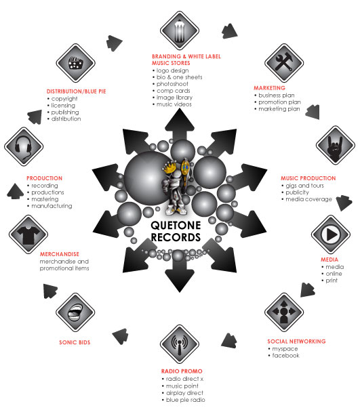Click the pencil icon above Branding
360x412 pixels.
pos(180,30)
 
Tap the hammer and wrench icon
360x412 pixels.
pos(284,63)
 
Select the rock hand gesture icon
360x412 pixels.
pos(336,145)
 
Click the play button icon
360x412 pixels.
pos(331,234)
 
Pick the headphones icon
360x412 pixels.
pos(24,146)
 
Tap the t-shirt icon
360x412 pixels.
pos(28,234)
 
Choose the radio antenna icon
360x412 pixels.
pos(180,344)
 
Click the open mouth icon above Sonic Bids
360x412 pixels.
pos(75,312)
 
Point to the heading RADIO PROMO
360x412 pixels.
pos(182,371)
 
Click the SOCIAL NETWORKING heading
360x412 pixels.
pos(296,342)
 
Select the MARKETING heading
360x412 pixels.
pos(269,88)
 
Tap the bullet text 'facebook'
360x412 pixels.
pos(286,356)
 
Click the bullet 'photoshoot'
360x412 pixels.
pos(172,84)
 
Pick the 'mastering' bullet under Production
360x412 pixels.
pos(45,199)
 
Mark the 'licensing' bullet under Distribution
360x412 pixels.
pos(63,105)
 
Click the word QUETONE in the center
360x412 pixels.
pos(176,226)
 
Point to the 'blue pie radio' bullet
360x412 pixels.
pos(186,400)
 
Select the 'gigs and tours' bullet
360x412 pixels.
pos(305,186)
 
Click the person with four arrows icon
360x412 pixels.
pos(284,312)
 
